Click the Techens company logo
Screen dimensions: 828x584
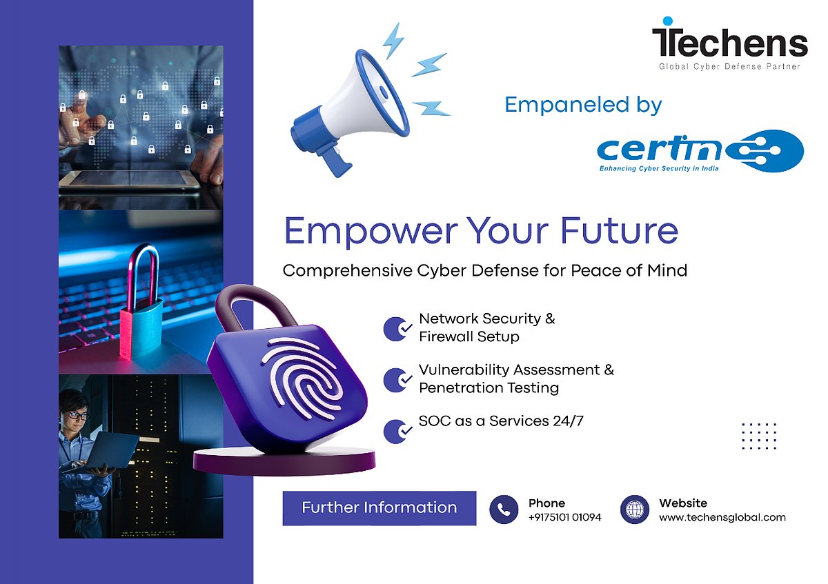730,43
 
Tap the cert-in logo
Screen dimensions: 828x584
700,151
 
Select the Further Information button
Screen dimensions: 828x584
379,508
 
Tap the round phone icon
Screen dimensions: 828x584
504,510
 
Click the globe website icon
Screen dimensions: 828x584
634,510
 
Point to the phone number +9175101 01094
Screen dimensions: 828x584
565,517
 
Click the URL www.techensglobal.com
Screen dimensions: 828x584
722,517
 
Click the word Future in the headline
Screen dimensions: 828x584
620,231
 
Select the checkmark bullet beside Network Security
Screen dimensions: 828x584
397,329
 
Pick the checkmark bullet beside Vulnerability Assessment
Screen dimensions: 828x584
397,380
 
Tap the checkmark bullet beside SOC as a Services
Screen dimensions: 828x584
397,431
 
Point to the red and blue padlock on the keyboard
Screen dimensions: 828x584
141,302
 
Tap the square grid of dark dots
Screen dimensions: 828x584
759,436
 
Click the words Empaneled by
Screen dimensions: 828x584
583,105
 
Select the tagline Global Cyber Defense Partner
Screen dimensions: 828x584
729,66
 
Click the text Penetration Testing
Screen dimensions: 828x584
489,388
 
